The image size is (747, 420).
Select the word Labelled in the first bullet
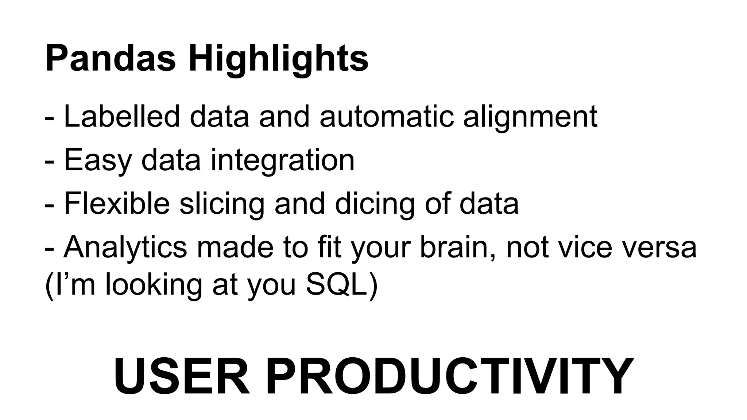point(122,117)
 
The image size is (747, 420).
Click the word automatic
point(387,117)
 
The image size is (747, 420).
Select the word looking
point(154,286)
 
